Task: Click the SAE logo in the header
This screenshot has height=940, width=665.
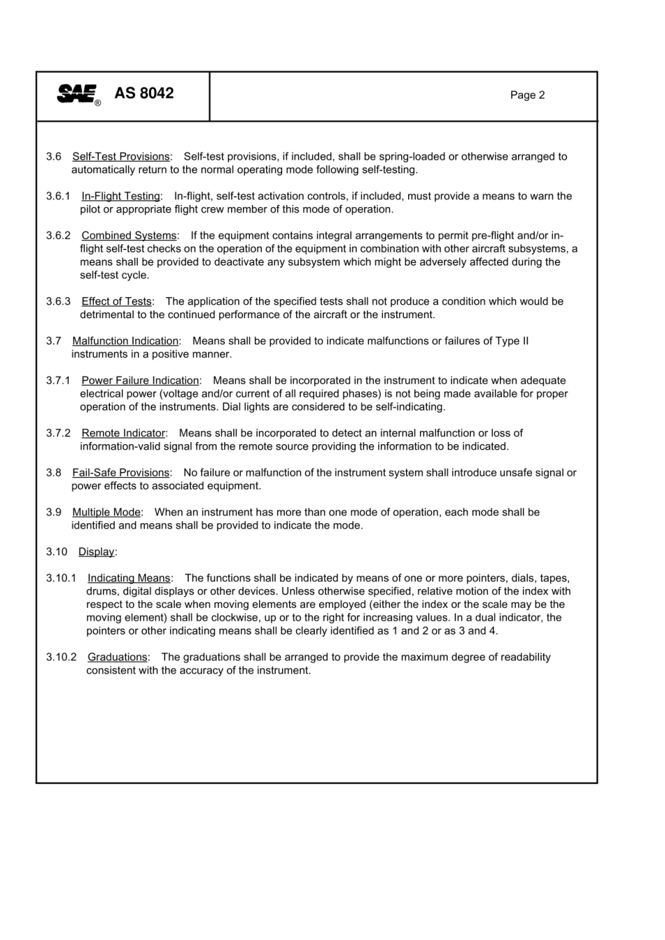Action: coord(78,94)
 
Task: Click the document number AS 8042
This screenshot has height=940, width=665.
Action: coord(143,93)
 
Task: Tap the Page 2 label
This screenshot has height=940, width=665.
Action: coord(527,95)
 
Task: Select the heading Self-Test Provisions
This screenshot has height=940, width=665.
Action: coord(120,157)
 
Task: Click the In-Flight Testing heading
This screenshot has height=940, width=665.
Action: coord(120,197)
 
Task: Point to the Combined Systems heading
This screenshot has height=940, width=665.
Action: coord(129,236)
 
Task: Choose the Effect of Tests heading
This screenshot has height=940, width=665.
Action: coord(116,301)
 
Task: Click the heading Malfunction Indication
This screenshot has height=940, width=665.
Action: coord(125,341)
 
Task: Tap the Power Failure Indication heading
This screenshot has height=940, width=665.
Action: coord(140,380)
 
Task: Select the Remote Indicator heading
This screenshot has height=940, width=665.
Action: coord(123,434)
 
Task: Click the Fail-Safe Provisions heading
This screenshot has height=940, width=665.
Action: coord(120,473)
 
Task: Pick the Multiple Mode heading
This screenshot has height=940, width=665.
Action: coord(106,513)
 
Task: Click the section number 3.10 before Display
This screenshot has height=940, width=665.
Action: coord(57,552)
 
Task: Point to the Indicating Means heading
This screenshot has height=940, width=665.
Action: coord(129,578)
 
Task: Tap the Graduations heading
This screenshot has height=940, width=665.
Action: coord(118,657)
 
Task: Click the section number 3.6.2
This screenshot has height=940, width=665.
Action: coord(59,236)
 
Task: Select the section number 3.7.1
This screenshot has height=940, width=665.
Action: coord(59,380)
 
